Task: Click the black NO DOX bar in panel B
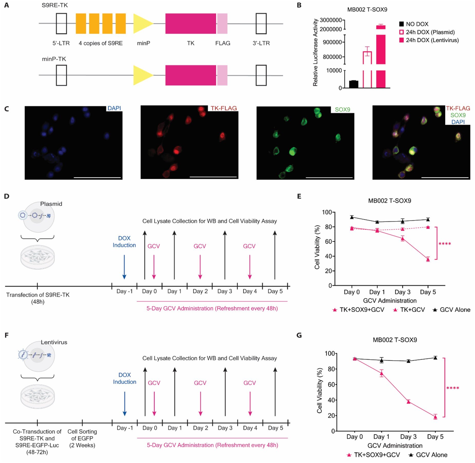point(354,84)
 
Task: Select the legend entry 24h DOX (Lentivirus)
point(429,40)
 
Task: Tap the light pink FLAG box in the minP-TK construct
point(222,75)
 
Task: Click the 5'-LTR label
point(61,43)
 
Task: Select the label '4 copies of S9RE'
point(101,43)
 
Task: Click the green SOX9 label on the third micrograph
point(342,110)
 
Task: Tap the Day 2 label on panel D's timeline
point(200,291)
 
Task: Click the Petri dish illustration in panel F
point(37,396)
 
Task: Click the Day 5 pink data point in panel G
point(435,417)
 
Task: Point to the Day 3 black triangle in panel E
point(403,221)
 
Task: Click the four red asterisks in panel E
point(444,244)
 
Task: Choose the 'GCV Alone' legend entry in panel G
point(428,455)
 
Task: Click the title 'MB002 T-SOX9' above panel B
point(367,10)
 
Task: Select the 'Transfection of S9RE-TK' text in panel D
point(38,295)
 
